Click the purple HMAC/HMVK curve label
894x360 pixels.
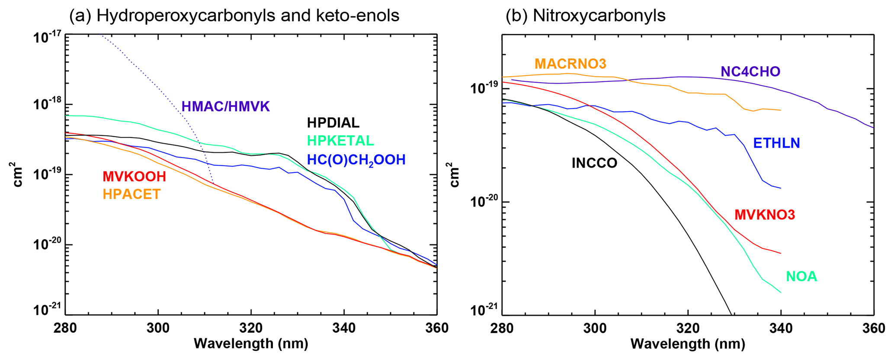pos(225,106)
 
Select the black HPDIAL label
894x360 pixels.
pos(333,123)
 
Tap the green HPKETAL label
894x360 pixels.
pos(340,141)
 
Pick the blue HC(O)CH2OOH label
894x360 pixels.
pos(356,160)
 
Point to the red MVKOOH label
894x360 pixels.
pos(134,177)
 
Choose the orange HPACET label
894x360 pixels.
pos(131,194)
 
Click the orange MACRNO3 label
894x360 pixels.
pos(570,64)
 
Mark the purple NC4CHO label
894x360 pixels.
pos(750,71)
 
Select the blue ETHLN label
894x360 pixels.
pos(776,143)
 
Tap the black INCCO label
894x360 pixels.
pos(594,163)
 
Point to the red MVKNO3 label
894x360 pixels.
pos(765,215)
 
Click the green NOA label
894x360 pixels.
pos(801,276)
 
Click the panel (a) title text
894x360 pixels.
pos(234,16)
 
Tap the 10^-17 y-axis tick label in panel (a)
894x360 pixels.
pos(47,37)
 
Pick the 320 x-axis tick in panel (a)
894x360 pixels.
pos(251,328)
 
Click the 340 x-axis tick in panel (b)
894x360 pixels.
pos(781,328)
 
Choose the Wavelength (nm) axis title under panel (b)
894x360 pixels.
pos(688,344)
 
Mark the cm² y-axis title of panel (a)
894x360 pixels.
pos(17,174)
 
